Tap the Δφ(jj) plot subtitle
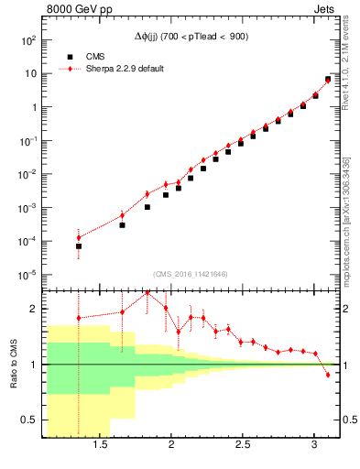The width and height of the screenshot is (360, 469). click(x=191, y=36)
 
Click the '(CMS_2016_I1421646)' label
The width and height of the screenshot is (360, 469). click(x=191, y=273)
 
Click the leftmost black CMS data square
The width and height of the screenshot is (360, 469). click(x=79, y=246)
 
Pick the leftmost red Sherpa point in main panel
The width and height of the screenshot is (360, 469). click(x=79, y=237)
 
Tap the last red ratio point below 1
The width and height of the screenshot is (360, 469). click(x=327, y=375)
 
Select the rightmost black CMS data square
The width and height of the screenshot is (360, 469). click(x=327, y=80)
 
